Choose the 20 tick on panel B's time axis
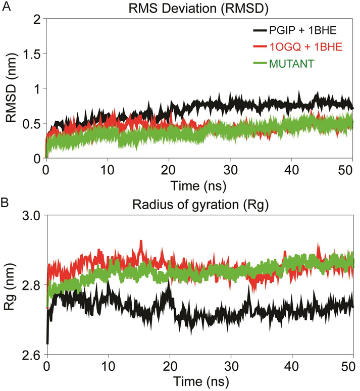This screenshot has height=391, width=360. (x=170, y=365)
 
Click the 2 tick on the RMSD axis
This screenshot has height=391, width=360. (x=35, y=19)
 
